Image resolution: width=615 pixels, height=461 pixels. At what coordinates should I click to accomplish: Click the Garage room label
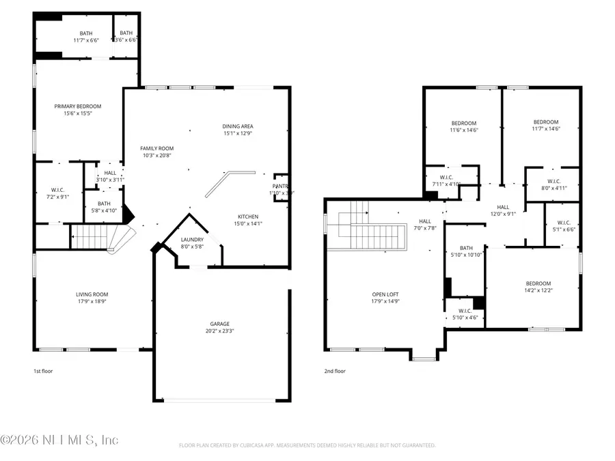(219, 324)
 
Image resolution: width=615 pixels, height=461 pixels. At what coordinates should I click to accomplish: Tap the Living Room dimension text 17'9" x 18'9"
(92, 302)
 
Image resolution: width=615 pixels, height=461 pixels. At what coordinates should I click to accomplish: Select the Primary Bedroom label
(78, 106)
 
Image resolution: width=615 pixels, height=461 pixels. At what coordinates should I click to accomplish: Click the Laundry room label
(192, 239)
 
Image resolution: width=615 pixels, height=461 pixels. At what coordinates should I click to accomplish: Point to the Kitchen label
(248, 216)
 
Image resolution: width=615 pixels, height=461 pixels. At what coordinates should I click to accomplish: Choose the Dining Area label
(238, 126)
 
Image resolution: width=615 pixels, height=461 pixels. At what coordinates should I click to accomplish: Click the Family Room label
(157, 148)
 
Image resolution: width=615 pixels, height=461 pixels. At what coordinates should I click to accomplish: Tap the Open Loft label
(385, 294)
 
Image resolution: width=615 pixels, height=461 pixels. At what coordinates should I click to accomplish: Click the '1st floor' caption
(43, 371)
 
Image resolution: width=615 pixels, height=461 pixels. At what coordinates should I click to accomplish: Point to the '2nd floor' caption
(335, 371)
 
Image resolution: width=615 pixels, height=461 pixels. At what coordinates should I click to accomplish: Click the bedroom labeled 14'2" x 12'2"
(538, 283)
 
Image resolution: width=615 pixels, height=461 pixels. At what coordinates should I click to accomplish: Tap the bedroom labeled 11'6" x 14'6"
(464, 123)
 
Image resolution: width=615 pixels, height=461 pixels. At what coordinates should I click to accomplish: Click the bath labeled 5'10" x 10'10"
(466, 248)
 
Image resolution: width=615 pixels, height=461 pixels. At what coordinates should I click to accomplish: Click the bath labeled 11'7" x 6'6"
(85, 33)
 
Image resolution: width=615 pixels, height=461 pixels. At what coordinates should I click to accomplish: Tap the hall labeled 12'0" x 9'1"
(503, 208)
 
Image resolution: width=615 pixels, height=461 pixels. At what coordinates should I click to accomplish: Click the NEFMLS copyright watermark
(60, 440)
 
